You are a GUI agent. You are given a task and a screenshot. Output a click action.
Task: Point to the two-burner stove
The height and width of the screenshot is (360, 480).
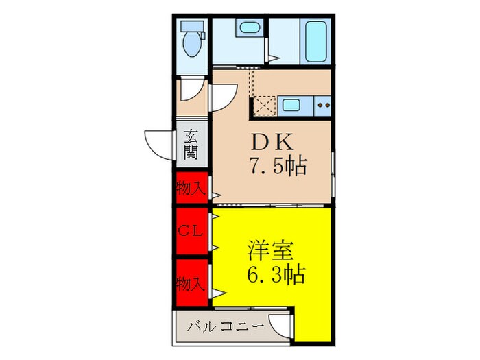(323, 106)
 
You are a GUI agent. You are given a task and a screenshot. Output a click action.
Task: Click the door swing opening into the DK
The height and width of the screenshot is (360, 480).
(223, 96)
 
